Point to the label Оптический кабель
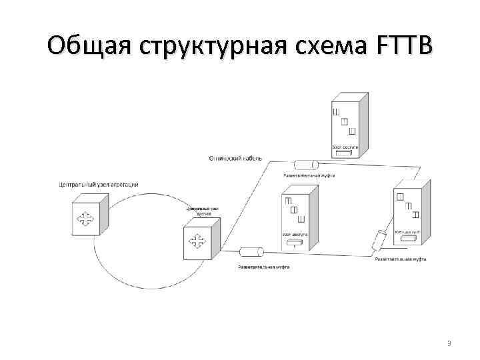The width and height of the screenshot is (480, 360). point(235,159)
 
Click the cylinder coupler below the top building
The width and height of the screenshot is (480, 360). point(308,165)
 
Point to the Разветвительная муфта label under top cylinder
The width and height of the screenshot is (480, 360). point(309,176)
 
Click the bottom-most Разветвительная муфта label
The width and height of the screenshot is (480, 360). point(264,267)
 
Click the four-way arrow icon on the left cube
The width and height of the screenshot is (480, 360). point(84,219)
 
